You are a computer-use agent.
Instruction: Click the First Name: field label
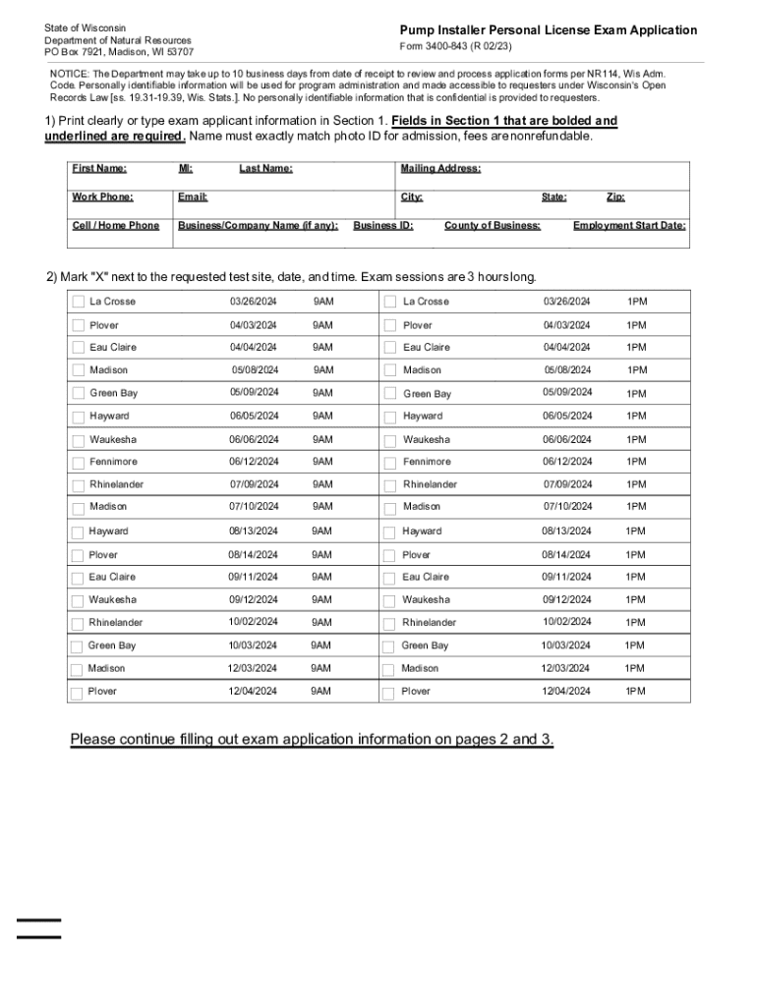coord(99,169)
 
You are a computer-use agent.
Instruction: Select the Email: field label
coord(193,197)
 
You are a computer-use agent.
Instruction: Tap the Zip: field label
coord(615,197)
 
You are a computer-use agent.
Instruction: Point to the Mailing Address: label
coord(440,169)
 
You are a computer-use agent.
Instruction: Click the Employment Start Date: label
coord(629,226)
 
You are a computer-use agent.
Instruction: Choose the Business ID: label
coord(383,226)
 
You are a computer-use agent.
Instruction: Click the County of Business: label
coord(492,226)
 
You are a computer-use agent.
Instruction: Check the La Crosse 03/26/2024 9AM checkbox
coord(78,302)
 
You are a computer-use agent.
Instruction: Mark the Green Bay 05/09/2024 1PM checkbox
coord(390,394)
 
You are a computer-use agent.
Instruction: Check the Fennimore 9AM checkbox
coord(78,463)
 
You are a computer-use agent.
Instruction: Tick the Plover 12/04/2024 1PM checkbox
coord(389,693)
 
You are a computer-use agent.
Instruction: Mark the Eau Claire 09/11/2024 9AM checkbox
coord(77,578)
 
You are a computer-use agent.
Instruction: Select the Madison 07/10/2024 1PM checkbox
coord(390,508)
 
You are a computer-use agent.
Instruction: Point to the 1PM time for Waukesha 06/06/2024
coord(637,440)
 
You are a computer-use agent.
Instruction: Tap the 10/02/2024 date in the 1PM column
coord(567,622)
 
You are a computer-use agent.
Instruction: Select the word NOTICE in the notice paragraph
coord(70,75)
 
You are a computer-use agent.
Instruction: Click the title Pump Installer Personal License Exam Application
coord(548,30)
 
